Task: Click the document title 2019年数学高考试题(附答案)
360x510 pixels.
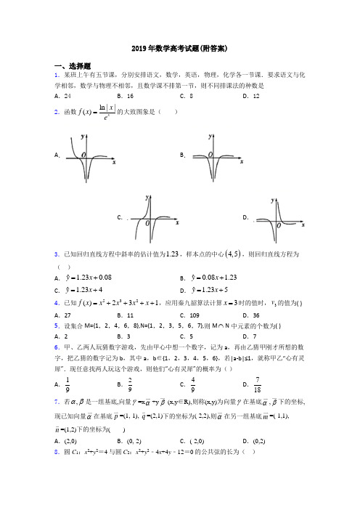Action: tap(179, 49)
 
